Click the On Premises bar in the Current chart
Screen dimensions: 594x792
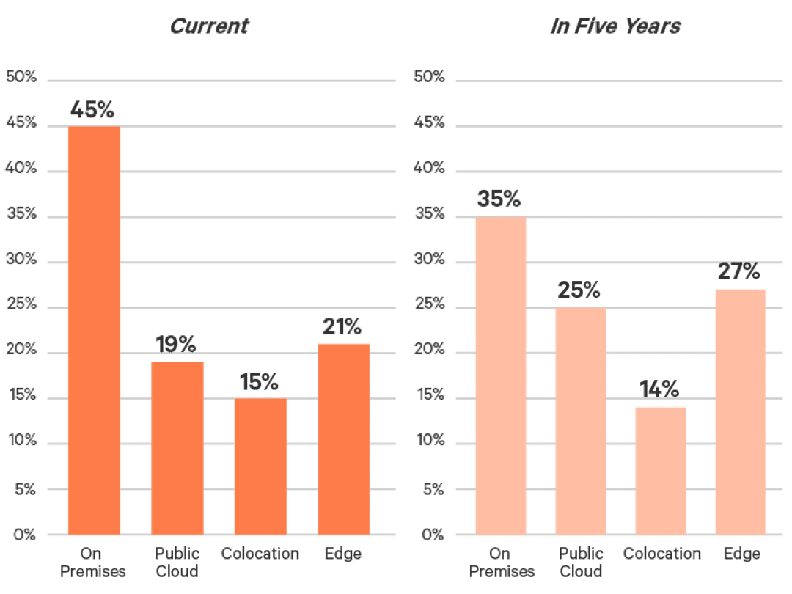[94, 330]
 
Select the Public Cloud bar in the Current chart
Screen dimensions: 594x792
[177, 447]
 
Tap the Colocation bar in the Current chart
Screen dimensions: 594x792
[260, 466]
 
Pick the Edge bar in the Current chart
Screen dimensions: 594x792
[343, 439]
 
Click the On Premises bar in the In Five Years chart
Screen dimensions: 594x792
[500, 375]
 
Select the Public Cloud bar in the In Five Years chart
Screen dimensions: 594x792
[581, 421]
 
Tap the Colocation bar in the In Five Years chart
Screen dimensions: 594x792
[661, 470]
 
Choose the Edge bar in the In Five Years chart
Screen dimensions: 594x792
[741, 411]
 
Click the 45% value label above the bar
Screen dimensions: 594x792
[92, 110]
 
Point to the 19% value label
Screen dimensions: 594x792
[176, 343]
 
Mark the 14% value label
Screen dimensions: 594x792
[659, 389]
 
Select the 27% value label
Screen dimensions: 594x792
[739, 271]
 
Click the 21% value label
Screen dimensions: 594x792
[342, 327]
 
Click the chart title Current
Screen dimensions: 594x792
[210, 27]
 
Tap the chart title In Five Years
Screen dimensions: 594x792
[615, 27]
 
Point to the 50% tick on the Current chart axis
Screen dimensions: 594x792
[21, 76]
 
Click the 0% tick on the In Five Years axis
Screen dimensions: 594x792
[433, 535]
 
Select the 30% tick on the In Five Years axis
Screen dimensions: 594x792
[430, 260]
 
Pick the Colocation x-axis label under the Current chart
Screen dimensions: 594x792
[260, 554]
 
